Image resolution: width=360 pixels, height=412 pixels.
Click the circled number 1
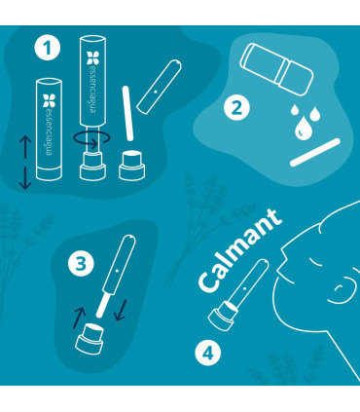tap(42, 48)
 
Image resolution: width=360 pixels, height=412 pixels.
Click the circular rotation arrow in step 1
tap(94, 140)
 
